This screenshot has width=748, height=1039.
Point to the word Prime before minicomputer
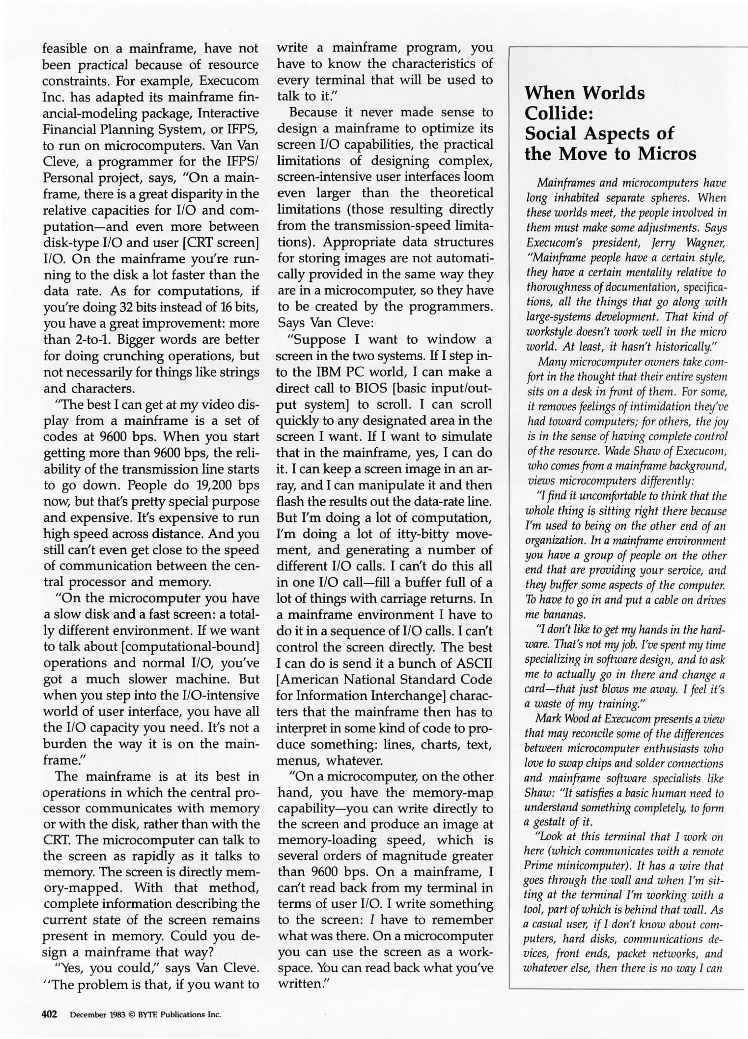tap(538, 866)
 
